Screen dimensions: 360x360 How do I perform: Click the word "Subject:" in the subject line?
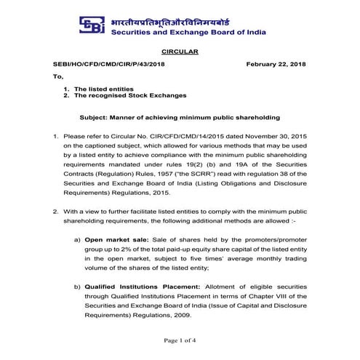coord(95,117)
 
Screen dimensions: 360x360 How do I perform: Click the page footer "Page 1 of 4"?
coord(180,341)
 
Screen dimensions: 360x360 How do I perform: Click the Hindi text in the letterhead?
coord(185,18)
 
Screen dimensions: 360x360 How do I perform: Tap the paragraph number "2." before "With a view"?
coord(56,210)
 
